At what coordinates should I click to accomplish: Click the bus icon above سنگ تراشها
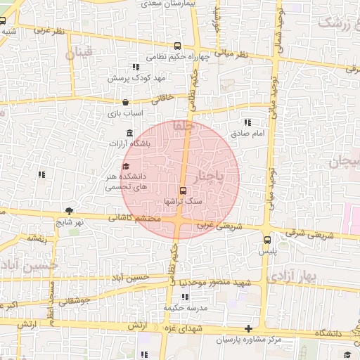184,191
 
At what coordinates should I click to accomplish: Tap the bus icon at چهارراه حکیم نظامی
175,46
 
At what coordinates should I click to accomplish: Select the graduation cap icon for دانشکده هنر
126,167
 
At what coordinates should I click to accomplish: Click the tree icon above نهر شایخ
68,210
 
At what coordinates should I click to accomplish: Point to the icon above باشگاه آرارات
129,134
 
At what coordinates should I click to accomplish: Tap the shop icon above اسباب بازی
125,102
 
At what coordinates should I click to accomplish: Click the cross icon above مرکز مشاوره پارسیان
247,329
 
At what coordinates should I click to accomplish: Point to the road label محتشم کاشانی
136,219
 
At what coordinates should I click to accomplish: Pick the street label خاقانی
157,99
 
